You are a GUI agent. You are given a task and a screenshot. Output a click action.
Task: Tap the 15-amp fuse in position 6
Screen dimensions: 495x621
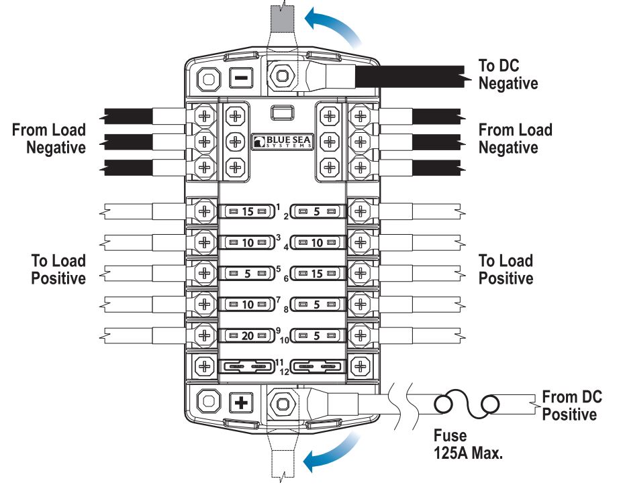pos(318,274)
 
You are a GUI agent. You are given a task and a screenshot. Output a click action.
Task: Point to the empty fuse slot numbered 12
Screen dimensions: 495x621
pos(318,366)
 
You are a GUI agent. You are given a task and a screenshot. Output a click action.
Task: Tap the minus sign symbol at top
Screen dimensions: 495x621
pos(241,79)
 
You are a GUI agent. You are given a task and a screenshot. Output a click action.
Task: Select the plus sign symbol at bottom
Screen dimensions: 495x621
pos(241,403)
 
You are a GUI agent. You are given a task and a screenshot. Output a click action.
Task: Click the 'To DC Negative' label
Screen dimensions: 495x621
pos(508,74)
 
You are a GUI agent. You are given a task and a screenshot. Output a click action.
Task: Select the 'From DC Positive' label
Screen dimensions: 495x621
pos(571,405)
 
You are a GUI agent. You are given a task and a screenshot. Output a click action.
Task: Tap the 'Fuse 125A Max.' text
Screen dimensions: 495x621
pos(467,445)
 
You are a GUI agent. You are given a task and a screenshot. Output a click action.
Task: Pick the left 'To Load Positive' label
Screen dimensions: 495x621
pos(58,269)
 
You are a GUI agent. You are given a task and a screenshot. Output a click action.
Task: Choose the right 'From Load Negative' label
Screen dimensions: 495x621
pos(515,138)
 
